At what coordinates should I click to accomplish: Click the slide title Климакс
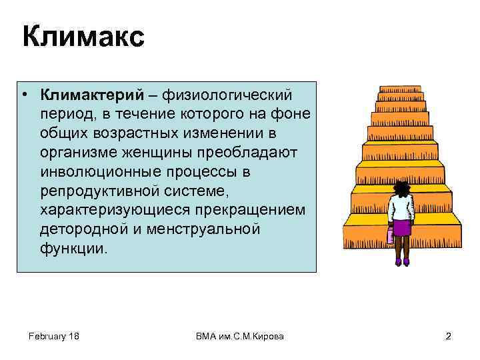point(83,37)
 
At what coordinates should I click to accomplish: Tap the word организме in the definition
point(79,153)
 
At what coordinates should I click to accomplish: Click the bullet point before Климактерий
point(23,95)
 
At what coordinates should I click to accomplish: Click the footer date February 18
point(54,336)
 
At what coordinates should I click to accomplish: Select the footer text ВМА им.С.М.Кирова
point(240,336)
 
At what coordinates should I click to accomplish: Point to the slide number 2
point(448,336)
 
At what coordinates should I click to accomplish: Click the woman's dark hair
point(401,189)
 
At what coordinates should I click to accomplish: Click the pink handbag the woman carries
point(390,235)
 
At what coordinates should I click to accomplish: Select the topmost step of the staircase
point(400,89)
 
